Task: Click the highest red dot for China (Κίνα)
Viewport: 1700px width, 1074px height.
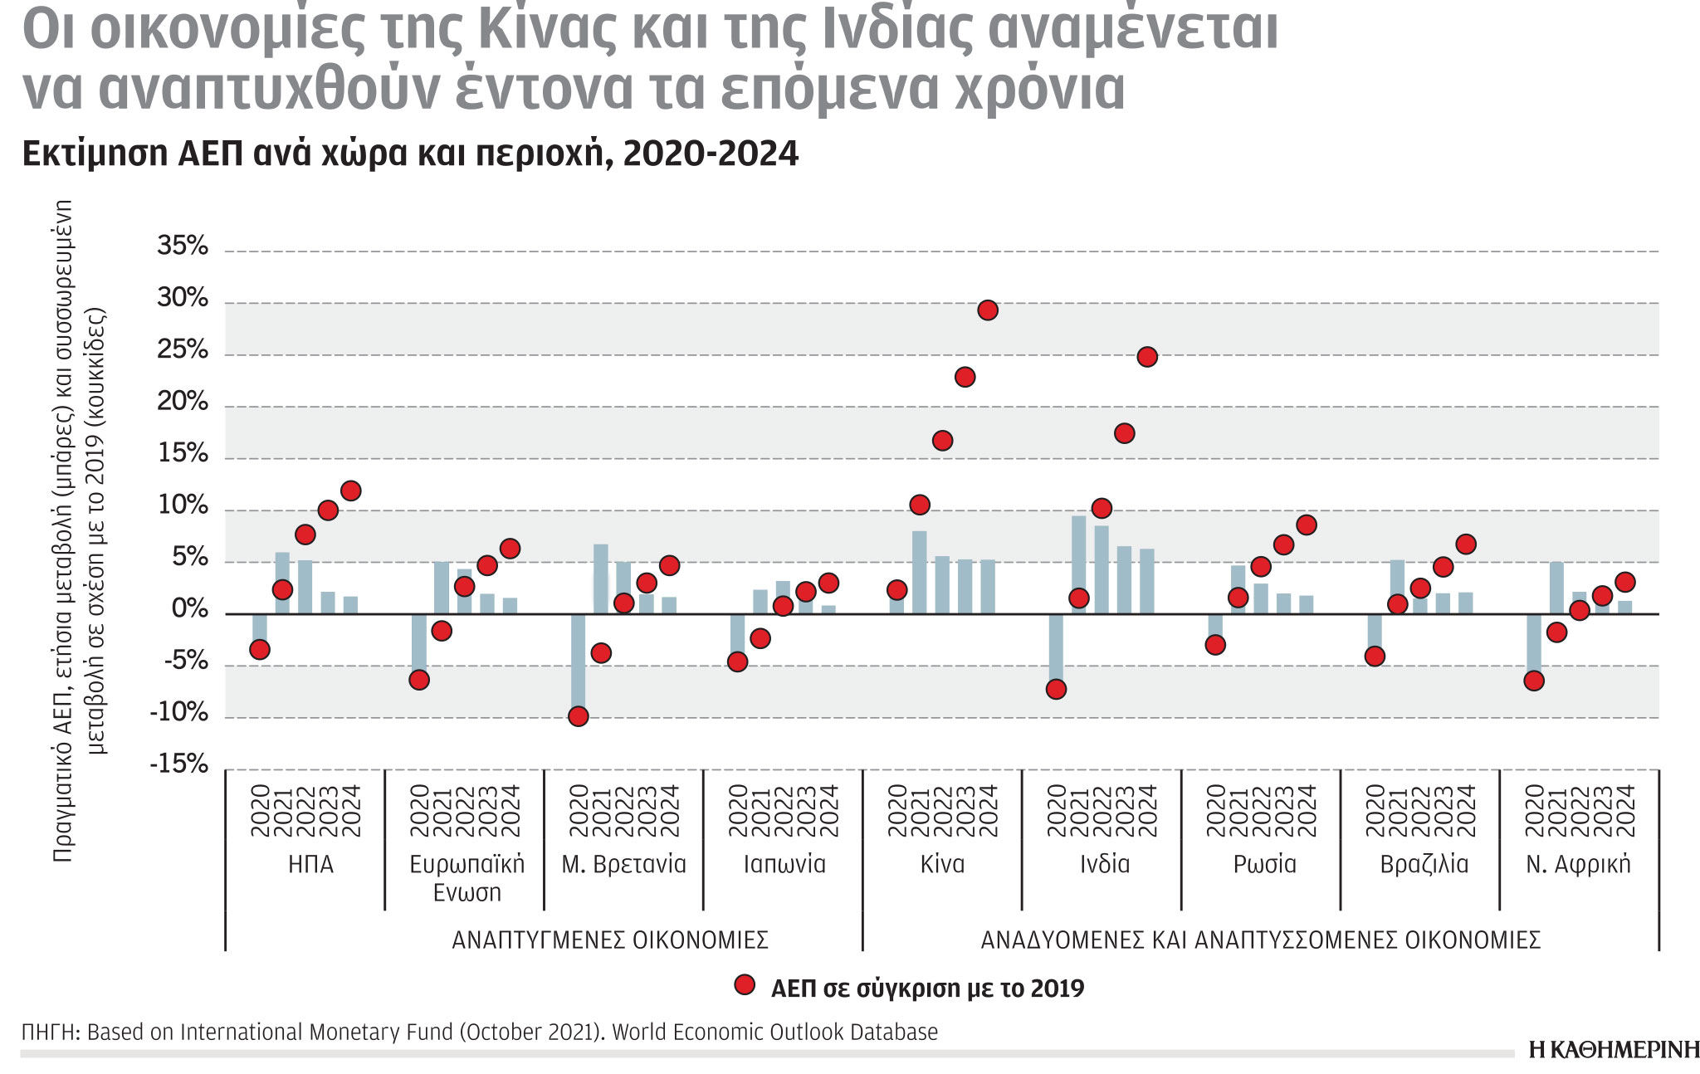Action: click(x=987, y=310)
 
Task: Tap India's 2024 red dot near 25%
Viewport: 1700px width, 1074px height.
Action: click(x=1147, y=357)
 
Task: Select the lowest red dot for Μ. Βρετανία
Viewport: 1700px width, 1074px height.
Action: click(x=579, y=716)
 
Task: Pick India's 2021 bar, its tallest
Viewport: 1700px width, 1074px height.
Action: click(x=1078, y=564)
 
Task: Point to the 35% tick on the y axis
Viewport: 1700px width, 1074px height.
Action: click(x=183, y=246)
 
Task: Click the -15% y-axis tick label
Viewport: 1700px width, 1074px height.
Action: click(x=178, y=764)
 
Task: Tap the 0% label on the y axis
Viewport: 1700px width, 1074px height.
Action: click(x=189, y=610)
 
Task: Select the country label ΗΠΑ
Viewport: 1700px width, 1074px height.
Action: click(x=310, y=865)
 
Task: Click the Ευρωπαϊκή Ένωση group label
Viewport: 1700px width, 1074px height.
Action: click(x=467, y=878)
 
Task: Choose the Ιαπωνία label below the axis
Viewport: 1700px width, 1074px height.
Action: click(x=784, y=865)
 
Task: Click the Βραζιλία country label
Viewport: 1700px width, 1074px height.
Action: click(x=1424, y=865)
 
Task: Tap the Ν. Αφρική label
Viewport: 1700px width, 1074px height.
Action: click(x=1578, y=865)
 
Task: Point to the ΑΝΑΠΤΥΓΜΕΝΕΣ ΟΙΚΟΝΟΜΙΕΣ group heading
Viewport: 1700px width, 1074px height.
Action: click(x=610, y=940)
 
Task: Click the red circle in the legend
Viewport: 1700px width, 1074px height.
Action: click(x=745, y=985)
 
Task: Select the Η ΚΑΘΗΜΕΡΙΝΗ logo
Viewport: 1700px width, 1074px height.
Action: click(x=1613, y=1049)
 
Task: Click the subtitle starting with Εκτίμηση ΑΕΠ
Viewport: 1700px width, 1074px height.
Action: click(x=410, y=154)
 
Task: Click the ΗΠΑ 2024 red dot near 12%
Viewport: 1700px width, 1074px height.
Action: click(x=351, y=491)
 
